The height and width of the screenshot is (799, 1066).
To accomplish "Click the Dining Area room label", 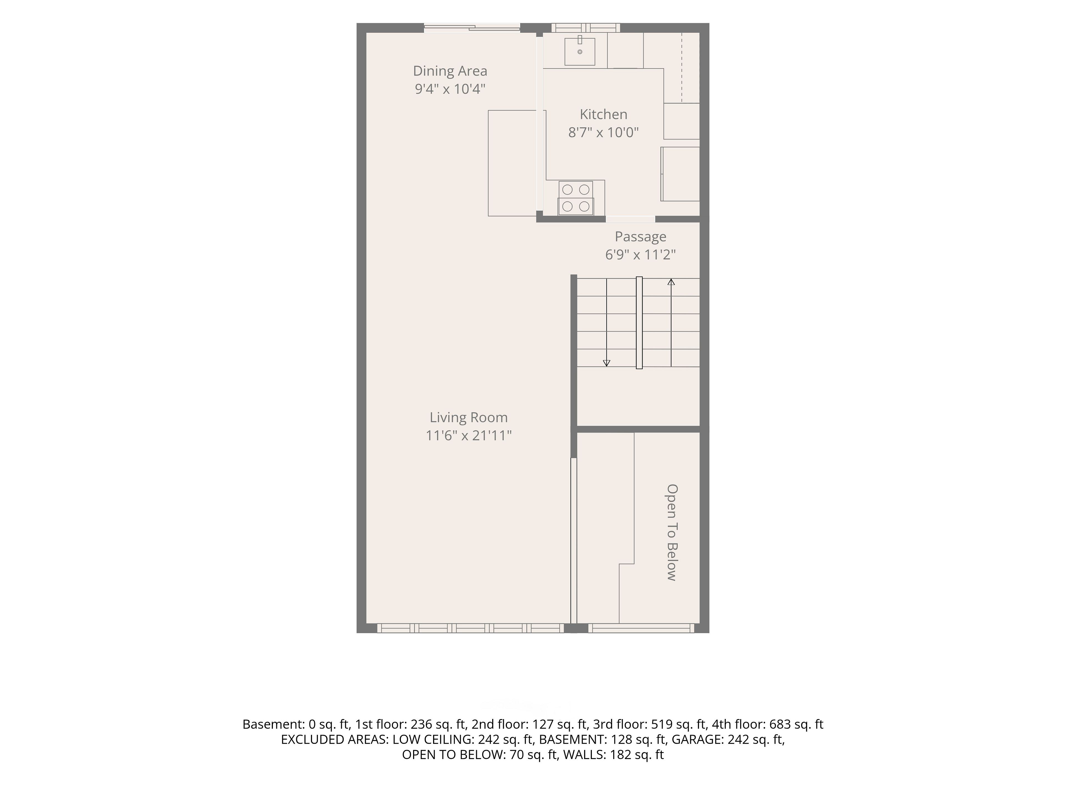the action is [x=450, y=71].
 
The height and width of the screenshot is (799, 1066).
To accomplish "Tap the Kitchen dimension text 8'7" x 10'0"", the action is [x=603, y=132].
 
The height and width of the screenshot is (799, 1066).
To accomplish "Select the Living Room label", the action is [x=468, y=418].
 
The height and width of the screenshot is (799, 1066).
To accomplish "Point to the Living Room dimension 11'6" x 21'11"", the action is [x=468, y=435].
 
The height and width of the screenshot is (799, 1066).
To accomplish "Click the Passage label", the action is [x=640, y=237].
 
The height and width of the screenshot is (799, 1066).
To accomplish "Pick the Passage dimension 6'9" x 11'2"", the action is [x=640, y=255].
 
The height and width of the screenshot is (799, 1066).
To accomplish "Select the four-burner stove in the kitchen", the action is [x=576, y=198].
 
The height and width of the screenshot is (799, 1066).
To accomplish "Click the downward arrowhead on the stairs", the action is [x=607, y=363].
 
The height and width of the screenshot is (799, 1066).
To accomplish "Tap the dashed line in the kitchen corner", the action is [x=682, y=67].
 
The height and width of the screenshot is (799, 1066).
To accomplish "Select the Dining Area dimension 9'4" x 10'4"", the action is [x=450, y=89].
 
